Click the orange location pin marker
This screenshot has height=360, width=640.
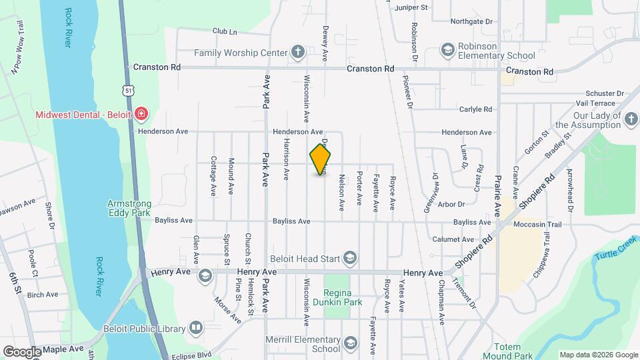pyautogui.click(x=321, y=159)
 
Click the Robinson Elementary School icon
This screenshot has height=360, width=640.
pyautogui.click(x=447, y=49)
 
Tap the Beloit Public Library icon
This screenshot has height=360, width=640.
pyautogui.click(x=195, y=328)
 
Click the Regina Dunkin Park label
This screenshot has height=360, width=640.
pyautogui.click(x=342, y=297)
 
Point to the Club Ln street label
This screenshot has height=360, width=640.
pyautogui.click(x=225, y=31)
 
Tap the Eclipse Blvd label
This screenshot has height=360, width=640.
pyautogui.click(x=191, y=355)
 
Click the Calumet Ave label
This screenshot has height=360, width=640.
pyautogui.click(x=453, y=239)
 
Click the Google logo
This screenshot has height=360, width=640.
pyautogui.click(x=22, y=351)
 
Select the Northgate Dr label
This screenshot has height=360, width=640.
pyautogui.click(x=471, y=21)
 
